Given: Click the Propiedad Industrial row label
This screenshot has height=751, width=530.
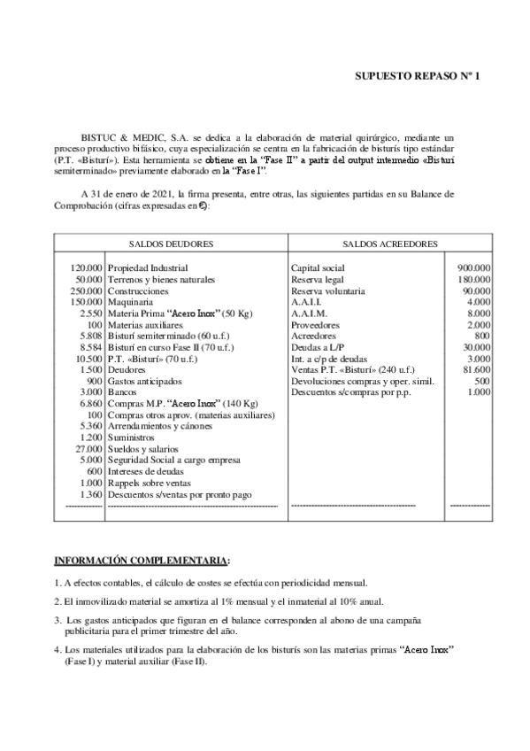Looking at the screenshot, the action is click(148, 267).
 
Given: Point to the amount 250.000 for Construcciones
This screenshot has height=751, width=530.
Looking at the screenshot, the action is click(85, 290).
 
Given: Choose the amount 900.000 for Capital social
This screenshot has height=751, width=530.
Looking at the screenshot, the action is click(474, 267).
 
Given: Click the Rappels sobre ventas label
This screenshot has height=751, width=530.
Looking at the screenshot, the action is click(146, 483).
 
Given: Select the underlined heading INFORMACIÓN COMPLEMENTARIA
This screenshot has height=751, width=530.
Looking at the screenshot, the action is click(140, 561).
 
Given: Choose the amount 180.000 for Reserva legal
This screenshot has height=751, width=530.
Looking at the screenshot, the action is click(474, 279).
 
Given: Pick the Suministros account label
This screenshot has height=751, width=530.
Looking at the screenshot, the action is click(131, 437).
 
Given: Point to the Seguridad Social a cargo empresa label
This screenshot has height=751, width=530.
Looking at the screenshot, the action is click(165, 461).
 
